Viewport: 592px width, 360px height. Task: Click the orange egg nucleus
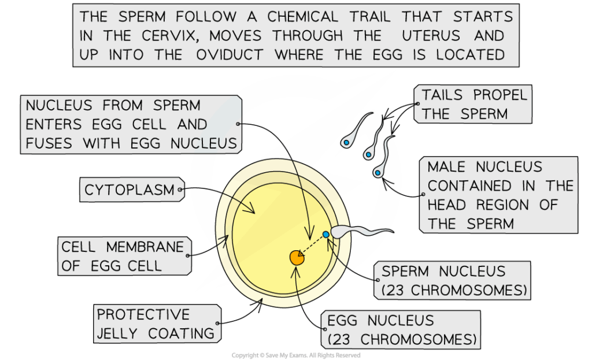click(x=297, y=258)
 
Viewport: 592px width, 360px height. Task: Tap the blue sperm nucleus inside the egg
click(x=326, y=235)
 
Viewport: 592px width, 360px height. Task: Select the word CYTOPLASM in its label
click(x=129, y=190)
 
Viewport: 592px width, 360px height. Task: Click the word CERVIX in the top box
click(x=169, y=36)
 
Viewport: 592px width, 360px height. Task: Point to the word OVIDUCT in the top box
click(x=230, y=55)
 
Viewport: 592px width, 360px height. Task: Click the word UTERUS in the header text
click(x=431, y=36)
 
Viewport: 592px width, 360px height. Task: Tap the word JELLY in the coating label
click(x=117, y=333)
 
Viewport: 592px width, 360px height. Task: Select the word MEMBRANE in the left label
click(x=145, y=247)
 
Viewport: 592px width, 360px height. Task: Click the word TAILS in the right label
click(x=442, y=95)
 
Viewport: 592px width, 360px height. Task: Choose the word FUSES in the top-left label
click(x=49, y=143)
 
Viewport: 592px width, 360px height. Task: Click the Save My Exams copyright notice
click(x=296, y=355)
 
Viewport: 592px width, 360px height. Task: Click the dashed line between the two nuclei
click(x=312, y=246)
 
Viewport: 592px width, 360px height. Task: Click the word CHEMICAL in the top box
click(x=302, y=17)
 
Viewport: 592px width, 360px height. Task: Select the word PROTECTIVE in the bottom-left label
click(x=143, y=314)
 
